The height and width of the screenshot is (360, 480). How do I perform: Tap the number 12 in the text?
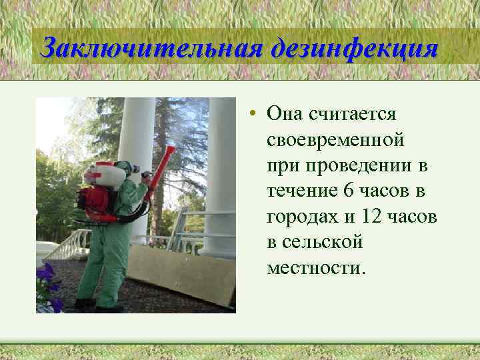[x=373, y=217]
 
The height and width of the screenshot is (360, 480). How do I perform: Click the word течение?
[x=300, y=191]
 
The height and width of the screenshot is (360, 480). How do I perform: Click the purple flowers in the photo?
[x=48, y=283]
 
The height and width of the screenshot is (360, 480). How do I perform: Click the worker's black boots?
[x=100, y=305]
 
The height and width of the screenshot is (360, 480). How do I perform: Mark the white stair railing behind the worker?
[x=67, y=243]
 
